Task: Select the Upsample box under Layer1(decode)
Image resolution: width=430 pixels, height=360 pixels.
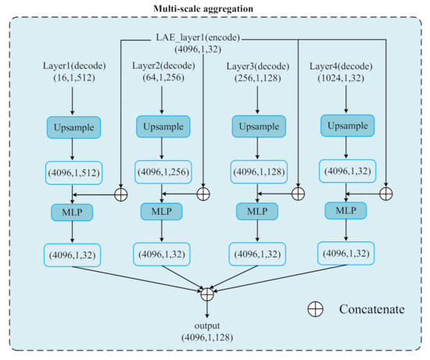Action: pyautogui.click(x=73, y=127)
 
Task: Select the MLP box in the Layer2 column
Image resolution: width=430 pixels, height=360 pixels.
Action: pyautogui.click(x=161, y=212)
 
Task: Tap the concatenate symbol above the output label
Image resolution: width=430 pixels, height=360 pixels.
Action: pyautogui.click(x=207, y=294)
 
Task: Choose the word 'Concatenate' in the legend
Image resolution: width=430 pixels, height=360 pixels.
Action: pyautogui.click(x=371, y=310)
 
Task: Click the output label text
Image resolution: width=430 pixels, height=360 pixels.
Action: pyautogui.click(x=207, y=324)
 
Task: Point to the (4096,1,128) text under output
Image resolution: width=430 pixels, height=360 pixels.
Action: pyautogui.click(x=207, y=337)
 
